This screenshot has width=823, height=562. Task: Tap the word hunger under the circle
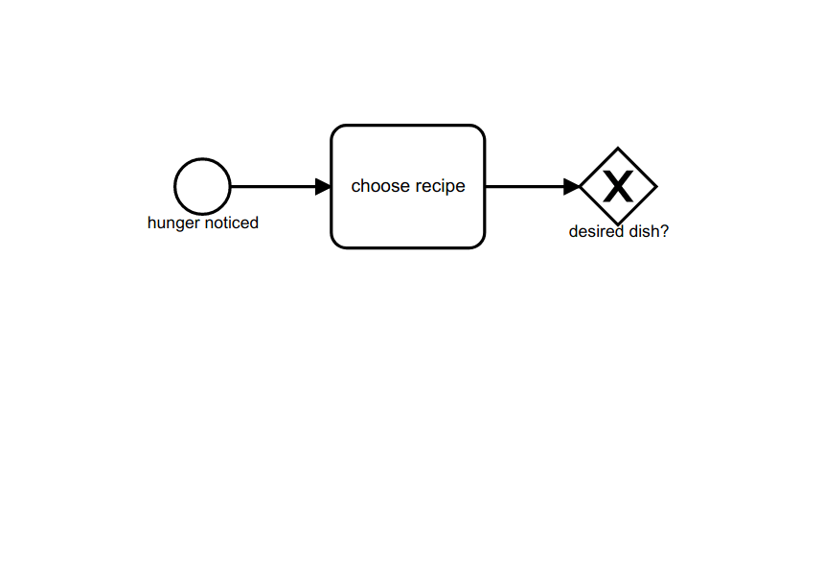172,223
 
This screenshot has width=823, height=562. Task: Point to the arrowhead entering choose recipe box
323,186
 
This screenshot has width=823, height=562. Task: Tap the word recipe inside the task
440,186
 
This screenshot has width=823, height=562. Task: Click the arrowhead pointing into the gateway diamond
572,186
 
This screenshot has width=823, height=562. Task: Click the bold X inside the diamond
618,186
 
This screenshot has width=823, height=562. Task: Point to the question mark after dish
664,232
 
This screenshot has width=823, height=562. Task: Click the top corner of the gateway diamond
618,148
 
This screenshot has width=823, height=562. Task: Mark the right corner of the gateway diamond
656,186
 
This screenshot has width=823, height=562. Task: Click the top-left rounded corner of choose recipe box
336,130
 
